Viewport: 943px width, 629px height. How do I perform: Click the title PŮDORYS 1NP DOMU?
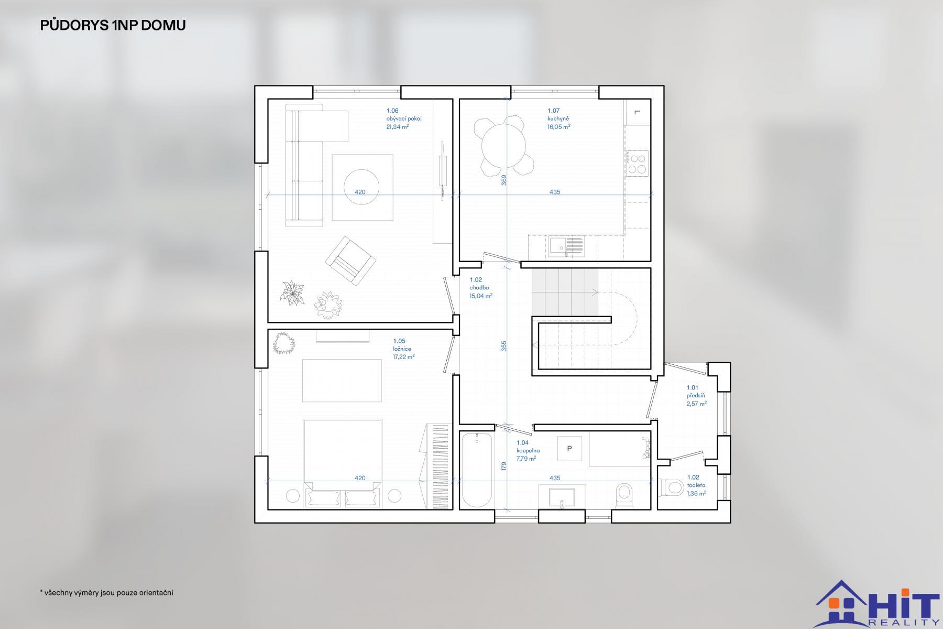tap(113, 25)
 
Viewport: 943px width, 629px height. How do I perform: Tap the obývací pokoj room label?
tap(404, 118)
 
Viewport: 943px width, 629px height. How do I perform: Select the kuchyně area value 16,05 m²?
tap(559, 126)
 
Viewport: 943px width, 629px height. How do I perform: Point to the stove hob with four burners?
tap(637, 162)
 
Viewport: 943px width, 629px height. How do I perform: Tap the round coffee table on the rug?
tap(362, 187)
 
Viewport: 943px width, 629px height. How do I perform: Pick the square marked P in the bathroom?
tap(569, 449)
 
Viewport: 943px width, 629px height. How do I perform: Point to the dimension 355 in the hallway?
tap(504, 346)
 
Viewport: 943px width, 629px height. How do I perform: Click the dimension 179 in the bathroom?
tap(504, 466)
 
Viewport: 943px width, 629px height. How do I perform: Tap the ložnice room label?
tap(402, 349)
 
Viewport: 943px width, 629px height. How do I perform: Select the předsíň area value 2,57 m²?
tap(697, 404)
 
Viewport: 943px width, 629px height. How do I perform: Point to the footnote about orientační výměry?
tap(107, 593)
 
